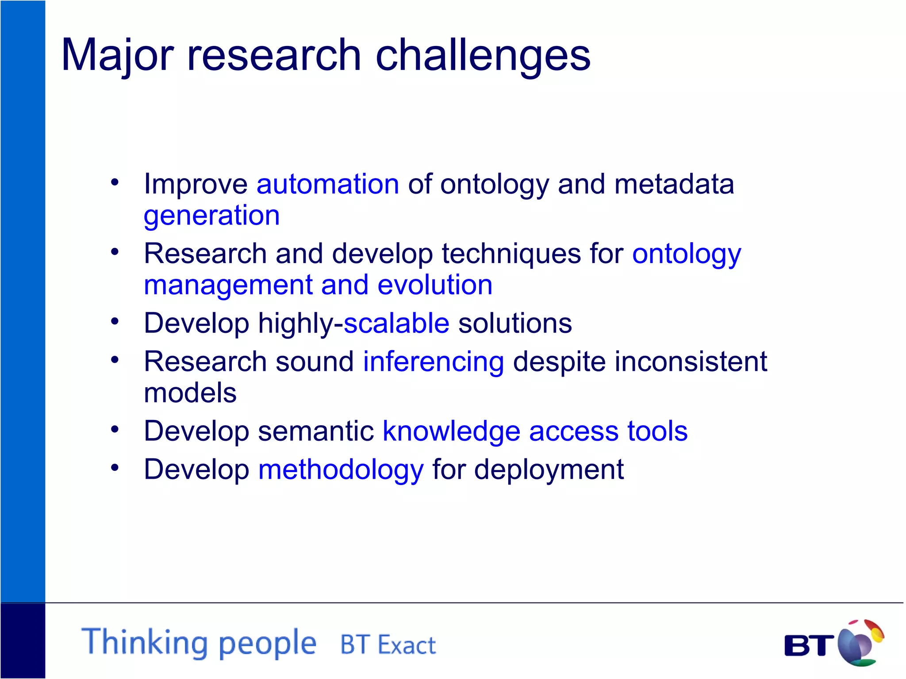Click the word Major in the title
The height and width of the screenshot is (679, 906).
coord(117,55)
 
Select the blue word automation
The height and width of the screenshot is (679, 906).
coord(328,184)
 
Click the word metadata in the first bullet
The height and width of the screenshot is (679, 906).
coord(674,184)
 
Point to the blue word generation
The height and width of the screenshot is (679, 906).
coord(212,216)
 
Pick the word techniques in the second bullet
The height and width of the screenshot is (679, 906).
coord(511,254)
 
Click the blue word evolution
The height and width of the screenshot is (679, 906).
coord(435,285)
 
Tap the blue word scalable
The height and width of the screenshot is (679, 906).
coord(396,323)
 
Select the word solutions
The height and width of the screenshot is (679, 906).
coord(515,323)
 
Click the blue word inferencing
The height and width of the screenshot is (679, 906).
coord(434,362)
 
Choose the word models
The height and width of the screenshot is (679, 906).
coord(190,393)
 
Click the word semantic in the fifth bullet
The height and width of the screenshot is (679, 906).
coord(316,431)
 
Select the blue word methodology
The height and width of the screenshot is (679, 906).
coord(341,470)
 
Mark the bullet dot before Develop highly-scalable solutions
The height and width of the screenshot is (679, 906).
coord(115,321)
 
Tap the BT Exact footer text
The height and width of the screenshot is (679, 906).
coord(388,645)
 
